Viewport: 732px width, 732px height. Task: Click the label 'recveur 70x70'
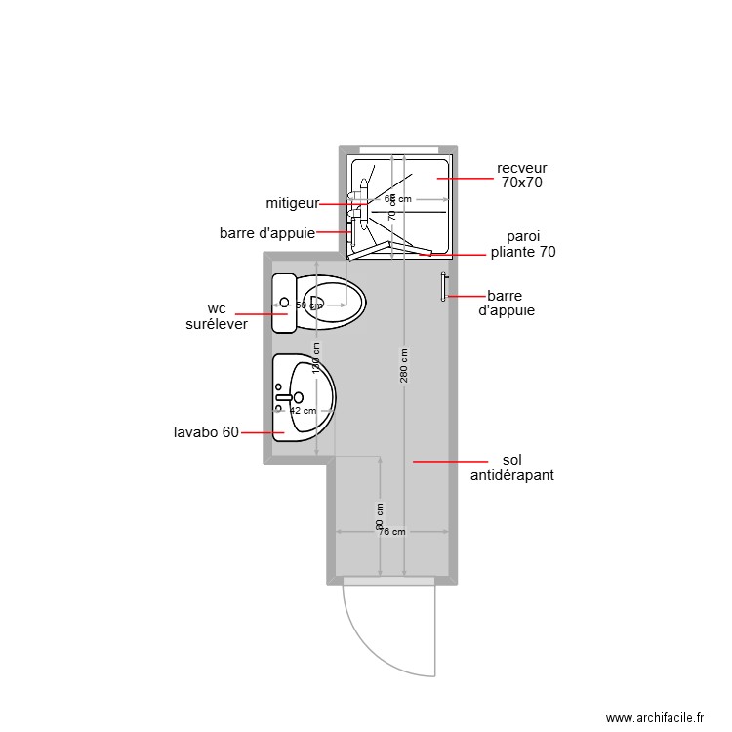point(521,175)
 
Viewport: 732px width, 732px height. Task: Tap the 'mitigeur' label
point(293,203)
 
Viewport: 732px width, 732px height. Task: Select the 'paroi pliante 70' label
point(523,244)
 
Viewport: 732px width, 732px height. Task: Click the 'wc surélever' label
point(217,316)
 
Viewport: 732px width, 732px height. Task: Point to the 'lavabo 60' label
point(206,432)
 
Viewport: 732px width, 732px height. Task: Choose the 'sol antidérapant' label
point(512,468)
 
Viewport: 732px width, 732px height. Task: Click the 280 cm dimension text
point(404,366)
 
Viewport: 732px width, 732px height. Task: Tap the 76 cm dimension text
point(392,532)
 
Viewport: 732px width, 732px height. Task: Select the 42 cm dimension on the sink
point(304,411)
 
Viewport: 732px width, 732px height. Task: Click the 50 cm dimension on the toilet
point(308,305)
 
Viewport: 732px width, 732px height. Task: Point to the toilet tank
point(284,304)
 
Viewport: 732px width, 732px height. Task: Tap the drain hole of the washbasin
point(299,397)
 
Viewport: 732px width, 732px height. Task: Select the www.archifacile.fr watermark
point(654,717)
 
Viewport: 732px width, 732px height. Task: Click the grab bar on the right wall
point(444,287)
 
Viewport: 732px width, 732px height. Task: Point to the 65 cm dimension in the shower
point(397,199)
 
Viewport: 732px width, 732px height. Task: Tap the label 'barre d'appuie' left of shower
point(267,233)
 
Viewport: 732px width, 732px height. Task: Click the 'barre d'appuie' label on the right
point(509,303)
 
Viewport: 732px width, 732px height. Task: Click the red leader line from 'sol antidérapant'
point(449,461)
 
